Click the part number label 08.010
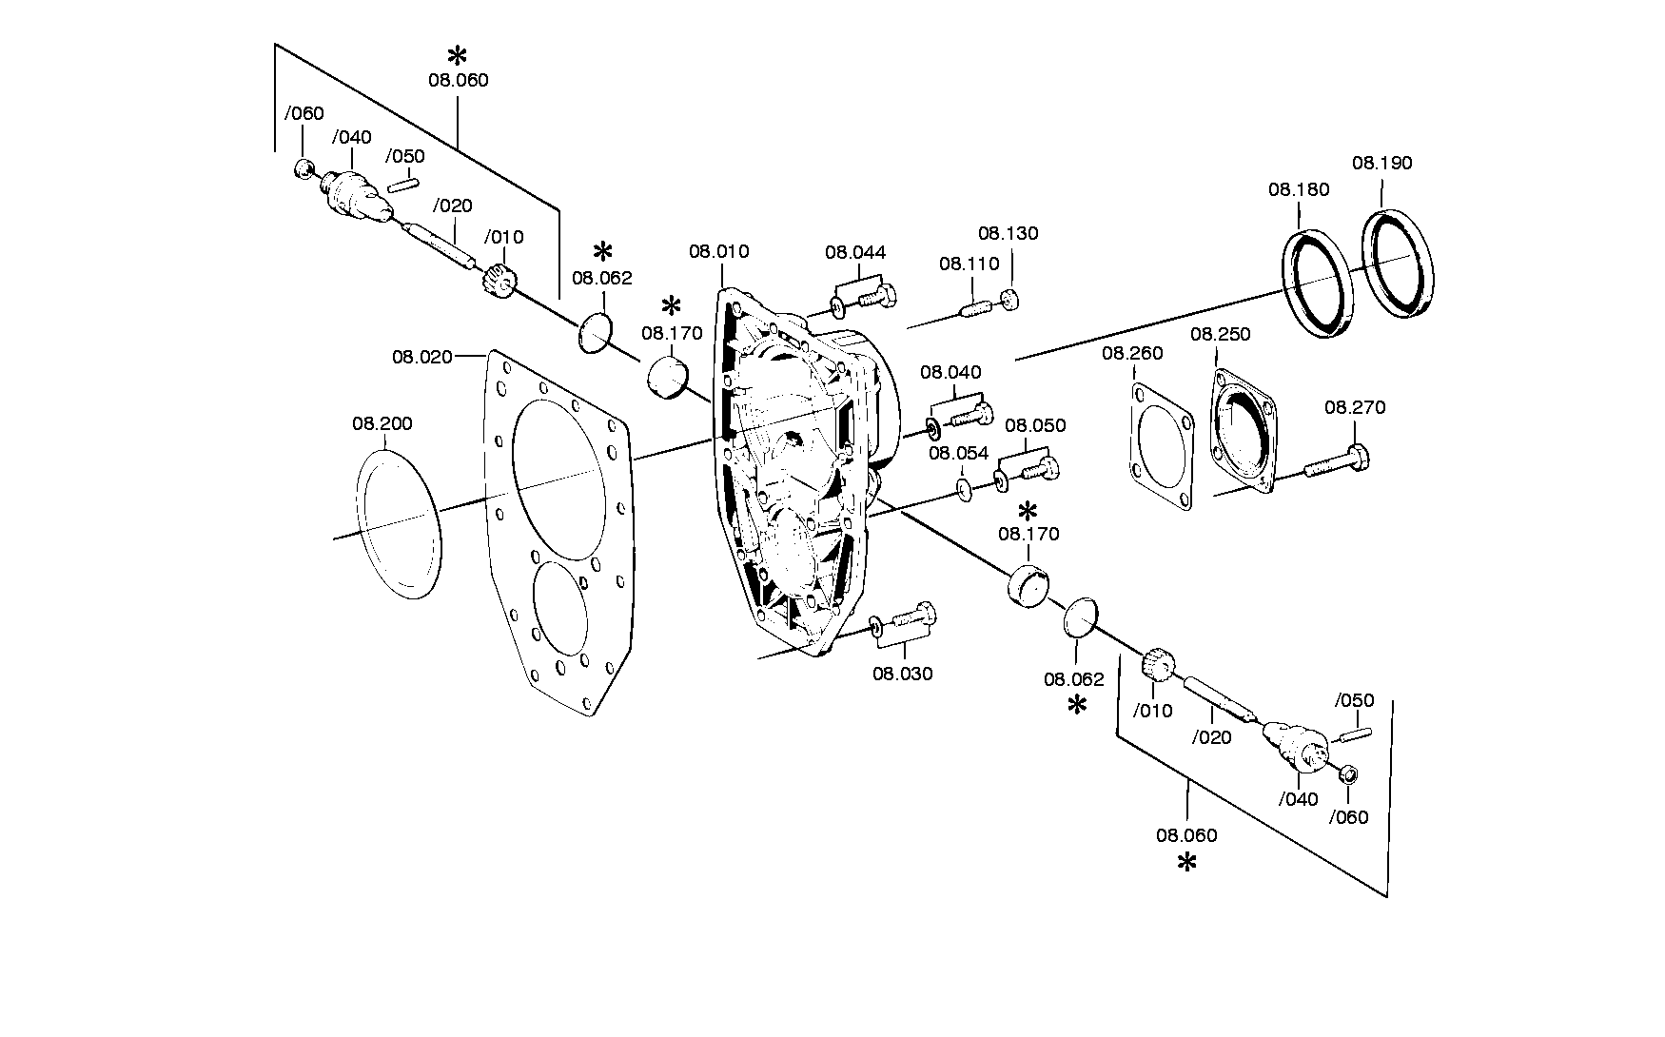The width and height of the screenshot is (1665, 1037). tap(719, 252)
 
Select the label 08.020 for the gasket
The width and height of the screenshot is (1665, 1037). tap(422, 357)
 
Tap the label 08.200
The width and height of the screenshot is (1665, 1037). tap(382, 423)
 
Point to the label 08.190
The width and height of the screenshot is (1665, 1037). tap(1382, 163)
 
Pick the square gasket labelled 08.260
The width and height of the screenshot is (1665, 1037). tap(1162, 446)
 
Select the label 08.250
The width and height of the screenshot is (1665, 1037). tap(1221, 334)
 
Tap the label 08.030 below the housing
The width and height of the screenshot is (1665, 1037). tap(903, 674)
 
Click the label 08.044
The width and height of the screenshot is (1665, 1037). tap(855, 252)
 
